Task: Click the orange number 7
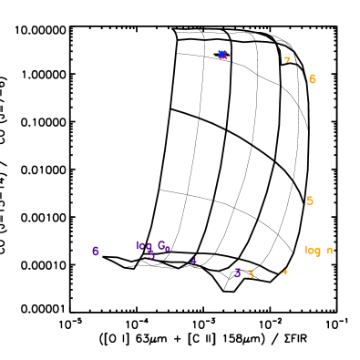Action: point(287,61)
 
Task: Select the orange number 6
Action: point(312,79)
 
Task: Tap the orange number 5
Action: point(310,201)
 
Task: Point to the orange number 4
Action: point(284,271)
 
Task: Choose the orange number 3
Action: point(251,274)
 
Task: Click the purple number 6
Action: point(95,251)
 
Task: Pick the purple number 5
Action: point(151,255)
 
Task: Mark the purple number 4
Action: point(193,261)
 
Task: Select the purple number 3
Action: point(237,273)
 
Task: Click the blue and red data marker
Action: point(222,55)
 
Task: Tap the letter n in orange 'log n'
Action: point(329,251)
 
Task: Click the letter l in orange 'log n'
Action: point(306,250)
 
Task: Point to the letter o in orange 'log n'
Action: point(311,251)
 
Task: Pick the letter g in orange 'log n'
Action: point(317,252)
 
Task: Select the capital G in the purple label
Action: point(161,245)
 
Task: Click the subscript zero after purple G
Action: point(168,248)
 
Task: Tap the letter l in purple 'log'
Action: point(138,245)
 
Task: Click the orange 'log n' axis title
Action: point(318,251)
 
